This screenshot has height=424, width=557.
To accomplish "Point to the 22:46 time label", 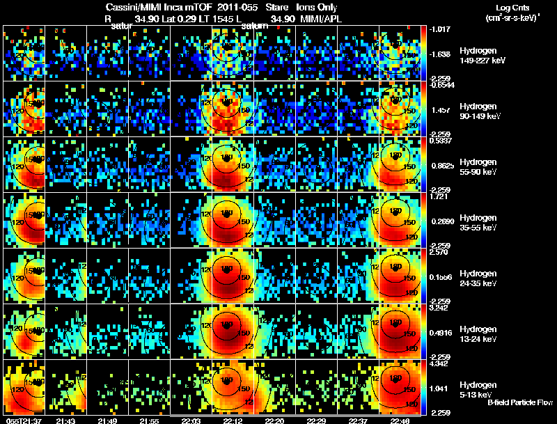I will coord(400,421).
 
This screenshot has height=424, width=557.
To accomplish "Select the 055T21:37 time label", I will coord(23,421).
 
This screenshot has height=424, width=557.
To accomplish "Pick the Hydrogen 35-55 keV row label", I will coord(478,222).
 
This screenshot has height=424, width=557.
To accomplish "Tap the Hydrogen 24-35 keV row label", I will coord(478,278).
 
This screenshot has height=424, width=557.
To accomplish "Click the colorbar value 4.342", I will coord(439,362).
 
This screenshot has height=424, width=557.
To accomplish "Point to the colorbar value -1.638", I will coord(439,53).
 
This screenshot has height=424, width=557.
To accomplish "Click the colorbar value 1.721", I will coord(439,197).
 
